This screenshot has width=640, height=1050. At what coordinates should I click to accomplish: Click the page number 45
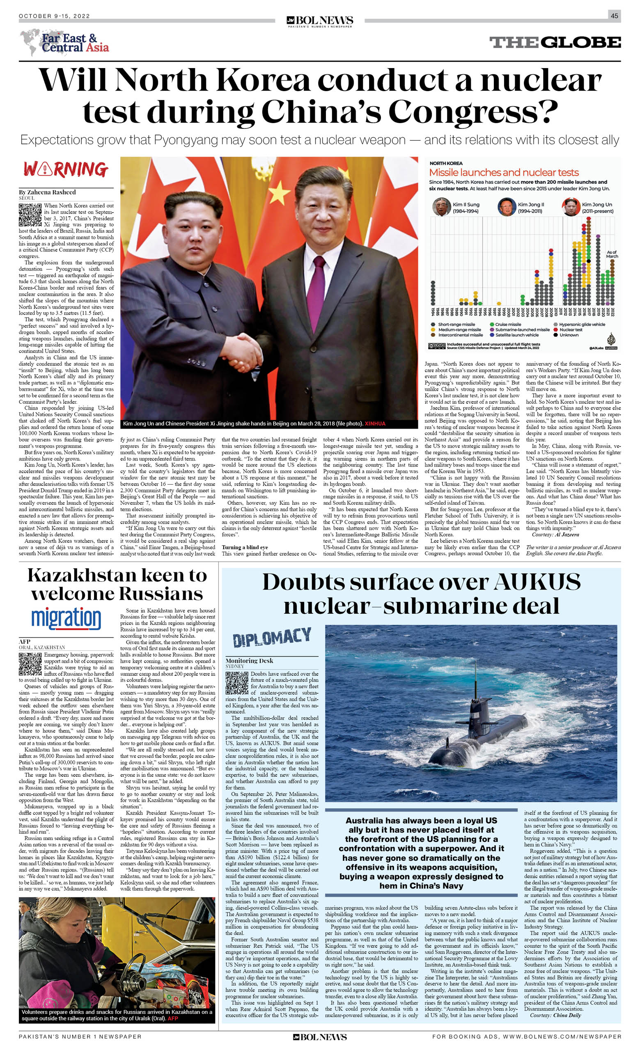coord(614,16)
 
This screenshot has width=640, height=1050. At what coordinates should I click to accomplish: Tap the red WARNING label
coord(66,169)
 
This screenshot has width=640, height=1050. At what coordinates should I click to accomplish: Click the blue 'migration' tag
coord(66,619)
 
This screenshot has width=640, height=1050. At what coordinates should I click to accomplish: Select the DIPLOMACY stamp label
coord(272,638)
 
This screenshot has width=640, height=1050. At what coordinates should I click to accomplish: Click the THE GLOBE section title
coord(555,43)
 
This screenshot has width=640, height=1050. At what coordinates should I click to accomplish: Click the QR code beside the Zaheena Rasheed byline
coord(30,214)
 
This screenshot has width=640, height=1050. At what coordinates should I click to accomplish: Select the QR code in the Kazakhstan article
coord(30,663)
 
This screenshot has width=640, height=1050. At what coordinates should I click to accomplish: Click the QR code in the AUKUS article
coord(236,683)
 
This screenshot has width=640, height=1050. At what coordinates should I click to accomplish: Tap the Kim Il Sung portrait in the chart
coord(441,208)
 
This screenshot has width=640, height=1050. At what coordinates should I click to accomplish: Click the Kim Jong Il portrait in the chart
coord(507,208)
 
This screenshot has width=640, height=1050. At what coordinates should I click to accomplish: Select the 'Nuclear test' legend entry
coord(571,329)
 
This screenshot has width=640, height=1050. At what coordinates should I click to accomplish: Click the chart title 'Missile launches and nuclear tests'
coord(504,173)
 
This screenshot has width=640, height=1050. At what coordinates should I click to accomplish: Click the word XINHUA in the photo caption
coord(375,423)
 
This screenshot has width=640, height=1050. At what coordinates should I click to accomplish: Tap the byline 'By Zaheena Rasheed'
coord(47,192)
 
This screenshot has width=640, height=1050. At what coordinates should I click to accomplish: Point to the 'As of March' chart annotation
coord(612,254)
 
